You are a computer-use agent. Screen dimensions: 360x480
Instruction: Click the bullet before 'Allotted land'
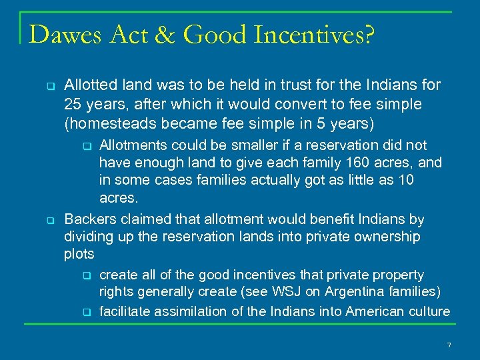tap(49, 85)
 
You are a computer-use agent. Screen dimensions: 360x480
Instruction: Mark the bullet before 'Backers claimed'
tap(49, 219)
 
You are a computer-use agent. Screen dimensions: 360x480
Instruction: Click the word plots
tap(79, 254)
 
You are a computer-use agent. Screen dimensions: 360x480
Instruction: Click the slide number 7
tap(449, 345)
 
